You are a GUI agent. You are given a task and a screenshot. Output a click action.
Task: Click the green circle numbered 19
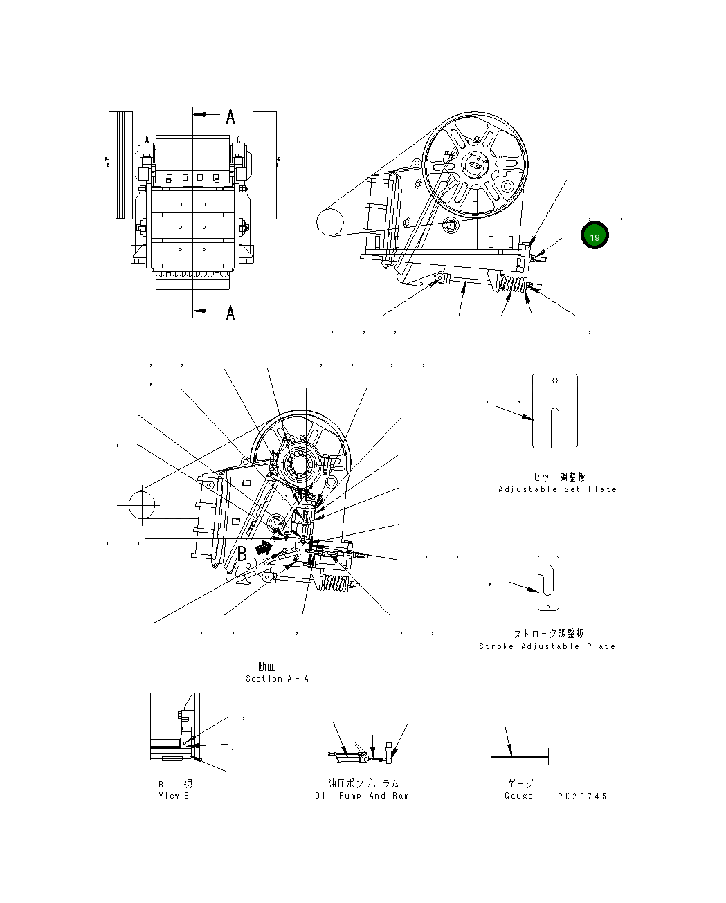pyautogui.click(x=595, y=236)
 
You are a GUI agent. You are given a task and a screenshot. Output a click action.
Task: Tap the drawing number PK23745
pyautogui.click(x=582, y=796)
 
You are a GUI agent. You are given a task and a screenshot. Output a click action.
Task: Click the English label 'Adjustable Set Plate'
pyautogui.click(x=557, y=489)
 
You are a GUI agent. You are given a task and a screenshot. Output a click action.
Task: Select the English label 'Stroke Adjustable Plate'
pyautogui.click(x=547, y=646)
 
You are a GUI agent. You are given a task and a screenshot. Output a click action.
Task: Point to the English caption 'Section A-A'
pyautogui.click(x=277, y=679)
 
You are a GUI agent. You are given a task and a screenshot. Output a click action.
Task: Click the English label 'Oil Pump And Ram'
pyautogui.click(x=362, y=796)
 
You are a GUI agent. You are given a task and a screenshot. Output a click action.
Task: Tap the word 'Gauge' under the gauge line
pyautogui.click(x=519, y=796)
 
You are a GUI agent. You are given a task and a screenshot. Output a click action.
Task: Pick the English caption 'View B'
pyautogui.click(x=173, y=796)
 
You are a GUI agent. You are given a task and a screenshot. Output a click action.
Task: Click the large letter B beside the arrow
pyautogui.click(x=243, y=554)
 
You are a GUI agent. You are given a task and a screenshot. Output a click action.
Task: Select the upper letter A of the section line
pyautogui.click(x=230, y=116)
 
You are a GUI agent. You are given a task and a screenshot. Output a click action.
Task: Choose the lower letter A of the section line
pyautogui.click(x=230, y=313)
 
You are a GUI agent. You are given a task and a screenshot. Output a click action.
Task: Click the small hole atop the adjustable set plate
pyautogui.click(x=555, y=380)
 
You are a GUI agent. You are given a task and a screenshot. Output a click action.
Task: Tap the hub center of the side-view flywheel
pyautogui.click(x=475, y=164)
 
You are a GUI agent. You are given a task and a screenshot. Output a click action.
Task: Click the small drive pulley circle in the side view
pyautogui.click(x=330, y=223)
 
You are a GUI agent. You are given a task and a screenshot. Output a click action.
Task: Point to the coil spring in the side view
pyautogui.click(x=511, y=283)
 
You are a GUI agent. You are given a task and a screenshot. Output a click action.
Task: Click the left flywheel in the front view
pyautogui.click(x=120, y=165)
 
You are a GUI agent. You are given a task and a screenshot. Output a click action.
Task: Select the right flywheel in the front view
pyautogui.click(x=264, y=165)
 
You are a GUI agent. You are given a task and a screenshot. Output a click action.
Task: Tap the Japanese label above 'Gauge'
pyautogui.click(x=520, y=783)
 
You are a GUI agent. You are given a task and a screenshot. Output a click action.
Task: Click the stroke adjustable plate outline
pyautogui.click(x=548, y=583)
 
